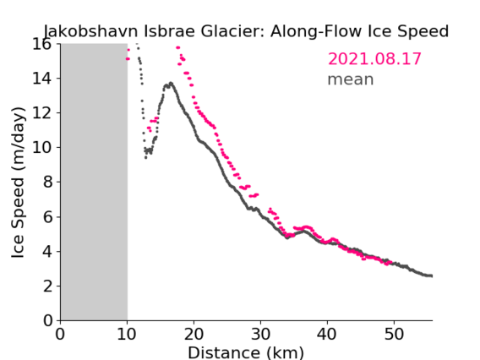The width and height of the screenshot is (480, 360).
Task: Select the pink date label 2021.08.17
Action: pos(374,59)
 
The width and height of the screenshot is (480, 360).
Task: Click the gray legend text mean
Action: pos(351,79)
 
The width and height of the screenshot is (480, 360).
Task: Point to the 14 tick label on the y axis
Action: pos(41,79)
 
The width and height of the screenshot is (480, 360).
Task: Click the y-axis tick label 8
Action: pos(47,182)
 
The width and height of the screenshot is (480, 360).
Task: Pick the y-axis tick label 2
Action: pos(47,286)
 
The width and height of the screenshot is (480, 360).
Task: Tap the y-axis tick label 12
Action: pos(41,113)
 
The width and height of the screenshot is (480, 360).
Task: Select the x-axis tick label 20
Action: pos(194,334)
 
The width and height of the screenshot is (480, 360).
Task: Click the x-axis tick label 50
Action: pos(394,334)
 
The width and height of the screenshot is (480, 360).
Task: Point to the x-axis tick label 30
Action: pos(260,334)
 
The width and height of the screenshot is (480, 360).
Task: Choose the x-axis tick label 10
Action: pos(127,334)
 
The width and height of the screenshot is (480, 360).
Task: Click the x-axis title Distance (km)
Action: pos(246,352)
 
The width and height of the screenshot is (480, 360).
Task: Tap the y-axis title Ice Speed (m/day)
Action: pos(18,183)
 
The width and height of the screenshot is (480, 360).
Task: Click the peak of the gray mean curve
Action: pos(171,83)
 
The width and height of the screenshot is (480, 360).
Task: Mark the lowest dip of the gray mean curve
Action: pos(145,157)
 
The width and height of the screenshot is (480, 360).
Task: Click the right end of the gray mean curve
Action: pos(431,275)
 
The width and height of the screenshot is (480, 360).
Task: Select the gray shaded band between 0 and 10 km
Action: pos(94,182)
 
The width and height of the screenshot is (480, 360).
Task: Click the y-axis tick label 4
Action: pos(47,251)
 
